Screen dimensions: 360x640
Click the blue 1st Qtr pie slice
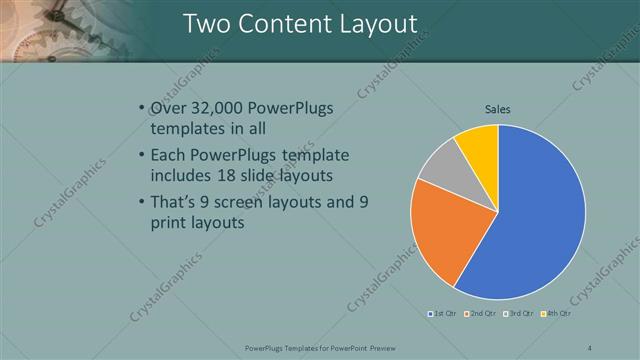click(530, 220)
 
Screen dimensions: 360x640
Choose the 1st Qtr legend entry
click(443, 314)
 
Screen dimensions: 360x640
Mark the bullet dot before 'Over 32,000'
click(140, 108)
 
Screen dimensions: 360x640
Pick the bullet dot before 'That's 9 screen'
click(140, 202)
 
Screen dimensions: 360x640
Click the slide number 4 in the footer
click(590, 347)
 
